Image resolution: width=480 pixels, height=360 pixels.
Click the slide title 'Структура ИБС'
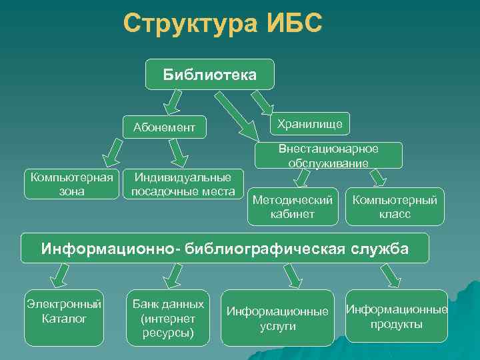pos(223,24)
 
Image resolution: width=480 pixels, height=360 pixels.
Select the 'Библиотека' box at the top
pos(209,74)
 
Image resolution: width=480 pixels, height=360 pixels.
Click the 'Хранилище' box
pos(310,123)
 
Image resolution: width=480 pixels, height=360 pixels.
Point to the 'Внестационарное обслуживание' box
pos(329,155)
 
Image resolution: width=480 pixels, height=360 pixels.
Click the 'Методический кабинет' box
pos(292,207)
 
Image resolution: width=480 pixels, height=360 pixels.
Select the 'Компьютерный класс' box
pos(395,207)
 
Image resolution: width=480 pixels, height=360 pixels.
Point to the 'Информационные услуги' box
pos(277,318)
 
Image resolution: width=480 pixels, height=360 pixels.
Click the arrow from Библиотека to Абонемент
pos(174,101)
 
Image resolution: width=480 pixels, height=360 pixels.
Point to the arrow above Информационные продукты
pos(389,274)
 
